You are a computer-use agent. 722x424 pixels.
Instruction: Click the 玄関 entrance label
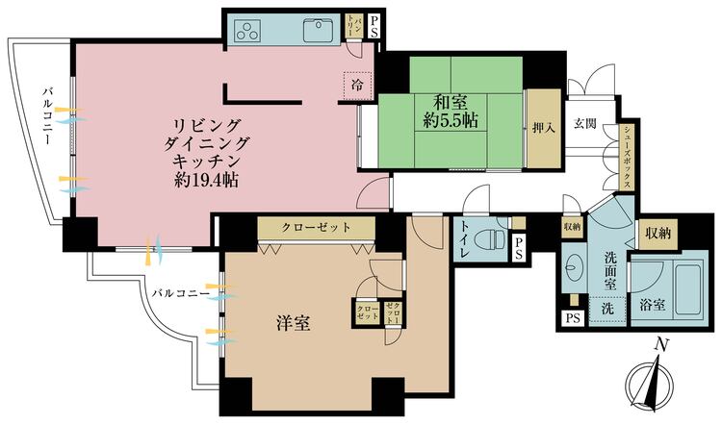pyautogui.click(x=585, y=123)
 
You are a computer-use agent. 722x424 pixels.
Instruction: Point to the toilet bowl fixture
pyautogui.click(x=492, y=237)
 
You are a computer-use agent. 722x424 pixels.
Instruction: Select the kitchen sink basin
pyautogui.click(x=317, y=30)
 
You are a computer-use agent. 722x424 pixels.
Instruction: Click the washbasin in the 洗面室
pyautogui.click(x=576, y=268)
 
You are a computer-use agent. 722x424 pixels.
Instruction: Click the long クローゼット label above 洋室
pyautogui.click(x=315, y=228)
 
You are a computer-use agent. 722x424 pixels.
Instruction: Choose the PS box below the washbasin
pyautogui.click(x=572, y=318)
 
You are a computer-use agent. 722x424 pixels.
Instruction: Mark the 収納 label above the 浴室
pyautogui.click(x=658, y=233)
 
